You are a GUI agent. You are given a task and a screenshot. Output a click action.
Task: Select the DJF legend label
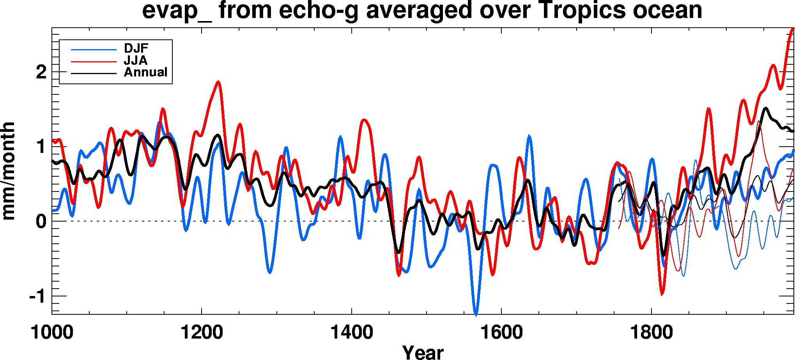tap(136, 48)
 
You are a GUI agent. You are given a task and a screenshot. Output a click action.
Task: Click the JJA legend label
tap(135, 60)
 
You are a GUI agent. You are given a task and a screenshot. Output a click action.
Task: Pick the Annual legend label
tap(145, 72)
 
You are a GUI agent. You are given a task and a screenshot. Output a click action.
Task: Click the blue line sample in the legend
tap(94, 50)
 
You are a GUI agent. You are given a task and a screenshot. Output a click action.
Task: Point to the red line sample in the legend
tap(94, 62)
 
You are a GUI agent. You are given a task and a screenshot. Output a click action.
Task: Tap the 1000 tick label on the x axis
tap(52, 333)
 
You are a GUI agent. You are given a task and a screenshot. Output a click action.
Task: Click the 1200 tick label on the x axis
tap(202, 333)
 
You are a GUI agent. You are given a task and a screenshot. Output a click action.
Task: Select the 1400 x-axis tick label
tap(351, 333)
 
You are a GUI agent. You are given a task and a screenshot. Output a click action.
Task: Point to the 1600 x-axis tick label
tap(501, 333)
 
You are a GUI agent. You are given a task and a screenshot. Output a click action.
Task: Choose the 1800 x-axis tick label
tap(651, 333)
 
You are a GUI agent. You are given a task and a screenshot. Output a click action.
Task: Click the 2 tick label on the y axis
tap(41, 72)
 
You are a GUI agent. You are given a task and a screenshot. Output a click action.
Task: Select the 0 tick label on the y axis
tap(41, 222)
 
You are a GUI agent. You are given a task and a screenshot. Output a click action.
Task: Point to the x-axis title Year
tap(423, 352)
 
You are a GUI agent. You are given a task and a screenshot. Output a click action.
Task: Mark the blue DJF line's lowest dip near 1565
tap(476, 314)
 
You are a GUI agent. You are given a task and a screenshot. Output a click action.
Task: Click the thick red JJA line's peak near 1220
tap(218, 82)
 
